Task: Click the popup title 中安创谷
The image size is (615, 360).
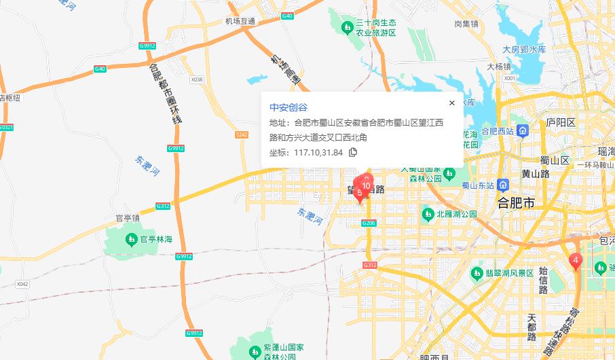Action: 288,107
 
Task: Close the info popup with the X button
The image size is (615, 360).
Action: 452,103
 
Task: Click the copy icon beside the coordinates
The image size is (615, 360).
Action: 353,152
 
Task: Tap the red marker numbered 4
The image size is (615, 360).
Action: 575,260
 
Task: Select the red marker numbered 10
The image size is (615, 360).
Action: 366,185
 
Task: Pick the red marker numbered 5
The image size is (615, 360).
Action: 359,194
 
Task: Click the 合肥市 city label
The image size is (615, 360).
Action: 516,202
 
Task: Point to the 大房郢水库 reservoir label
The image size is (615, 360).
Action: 524,50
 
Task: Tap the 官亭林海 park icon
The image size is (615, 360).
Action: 131,239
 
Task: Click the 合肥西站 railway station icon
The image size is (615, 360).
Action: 523,130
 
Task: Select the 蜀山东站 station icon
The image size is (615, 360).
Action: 503,185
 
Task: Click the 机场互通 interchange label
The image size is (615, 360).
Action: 240,21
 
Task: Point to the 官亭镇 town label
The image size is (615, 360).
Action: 127,219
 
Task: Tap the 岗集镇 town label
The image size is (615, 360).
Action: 466,24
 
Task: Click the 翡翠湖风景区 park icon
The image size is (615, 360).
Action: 477,273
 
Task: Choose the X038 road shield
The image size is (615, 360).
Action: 197,79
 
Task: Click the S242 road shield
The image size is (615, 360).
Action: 242,135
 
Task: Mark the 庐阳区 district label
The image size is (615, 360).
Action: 561,123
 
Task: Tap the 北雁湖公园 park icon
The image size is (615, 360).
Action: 428,214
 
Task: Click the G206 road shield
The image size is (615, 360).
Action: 369,223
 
